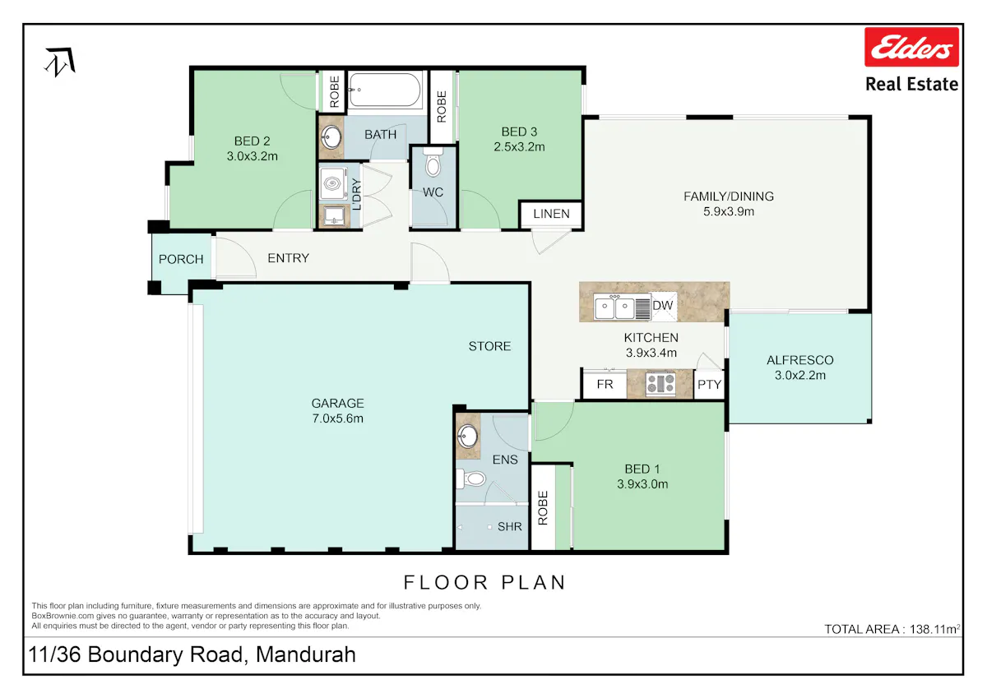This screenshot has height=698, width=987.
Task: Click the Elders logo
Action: point(911,47)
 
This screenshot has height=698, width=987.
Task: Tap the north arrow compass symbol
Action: point(60,62)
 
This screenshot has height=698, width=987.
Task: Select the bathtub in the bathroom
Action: point(385,90)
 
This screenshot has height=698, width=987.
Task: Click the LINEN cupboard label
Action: point(551,214)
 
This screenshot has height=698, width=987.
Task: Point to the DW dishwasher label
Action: point(663,306)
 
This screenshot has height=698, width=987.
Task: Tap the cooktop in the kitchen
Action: point(660,383)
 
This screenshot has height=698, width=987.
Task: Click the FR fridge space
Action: point(605,385)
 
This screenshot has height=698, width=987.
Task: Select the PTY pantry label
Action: point(709,385)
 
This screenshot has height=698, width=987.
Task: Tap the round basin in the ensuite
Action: point(467,436)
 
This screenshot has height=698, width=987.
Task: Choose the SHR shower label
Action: point(509,527)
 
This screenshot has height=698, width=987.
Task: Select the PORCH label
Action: point(181,259)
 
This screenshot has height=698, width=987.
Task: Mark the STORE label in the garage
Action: point(489,347)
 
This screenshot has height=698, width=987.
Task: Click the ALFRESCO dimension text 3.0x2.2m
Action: point(800,375)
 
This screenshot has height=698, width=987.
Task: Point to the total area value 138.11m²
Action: point(935,629)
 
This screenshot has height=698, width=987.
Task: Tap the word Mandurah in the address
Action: point(306,654)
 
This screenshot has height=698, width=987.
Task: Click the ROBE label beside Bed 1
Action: point(543,508)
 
